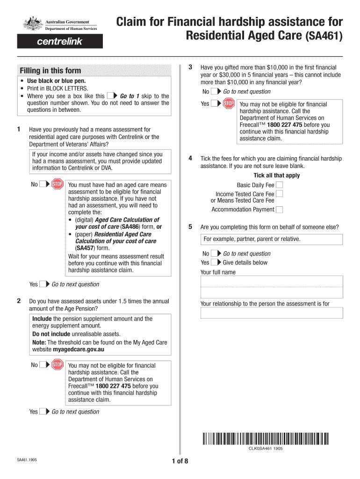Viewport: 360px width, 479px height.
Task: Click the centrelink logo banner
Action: click(x=59, y=42)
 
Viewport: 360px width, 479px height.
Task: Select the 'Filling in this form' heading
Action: click(x=50, y=71)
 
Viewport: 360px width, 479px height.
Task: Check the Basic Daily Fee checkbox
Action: click(x=279, y=185)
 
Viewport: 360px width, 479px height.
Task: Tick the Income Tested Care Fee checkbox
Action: click(x=279, y=194)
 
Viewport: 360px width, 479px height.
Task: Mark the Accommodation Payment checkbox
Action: click(x=279, y=210)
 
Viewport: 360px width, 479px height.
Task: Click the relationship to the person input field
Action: click(x=271, y=313)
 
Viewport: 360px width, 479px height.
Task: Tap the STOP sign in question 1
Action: click(x=57, y=184)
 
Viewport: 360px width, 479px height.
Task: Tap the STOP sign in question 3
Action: click(x=229, y=104)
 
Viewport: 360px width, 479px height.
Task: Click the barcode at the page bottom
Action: click(x=266, y=439)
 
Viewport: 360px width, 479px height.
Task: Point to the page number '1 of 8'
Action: click(x=180, y=462)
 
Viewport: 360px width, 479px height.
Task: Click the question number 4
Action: click(x=190, y=158)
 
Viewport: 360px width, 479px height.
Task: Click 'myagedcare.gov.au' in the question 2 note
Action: click(x=79, y=349)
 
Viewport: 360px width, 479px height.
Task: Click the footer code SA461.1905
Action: click(x=27, y=460)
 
